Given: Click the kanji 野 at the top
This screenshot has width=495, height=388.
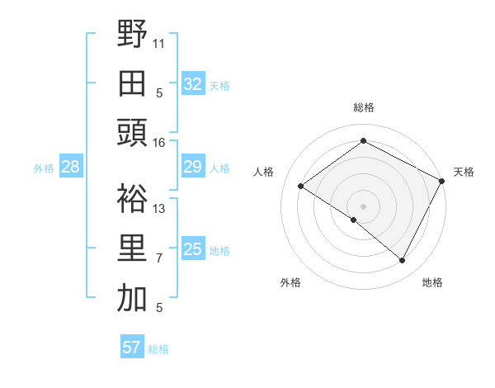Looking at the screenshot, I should [132, 35].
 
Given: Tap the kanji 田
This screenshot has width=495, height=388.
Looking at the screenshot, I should [132, 83].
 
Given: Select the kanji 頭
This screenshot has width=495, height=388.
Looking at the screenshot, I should [132, 133].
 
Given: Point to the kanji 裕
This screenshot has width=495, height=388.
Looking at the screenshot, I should [132, 199].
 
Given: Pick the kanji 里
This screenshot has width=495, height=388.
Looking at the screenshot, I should [132, 248].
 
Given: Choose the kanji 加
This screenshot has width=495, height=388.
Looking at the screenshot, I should [132, 298].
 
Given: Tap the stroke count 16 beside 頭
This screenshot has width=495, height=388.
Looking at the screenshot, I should [159, 143].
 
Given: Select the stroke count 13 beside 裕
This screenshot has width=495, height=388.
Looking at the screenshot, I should [159, 209].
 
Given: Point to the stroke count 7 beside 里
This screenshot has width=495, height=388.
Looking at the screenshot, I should [159, 258].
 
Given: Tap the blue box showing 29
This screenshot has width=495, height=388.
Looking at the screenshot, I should [192, 168].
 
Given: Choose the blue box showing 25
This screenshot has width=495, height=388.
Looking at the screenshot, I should [192, 249].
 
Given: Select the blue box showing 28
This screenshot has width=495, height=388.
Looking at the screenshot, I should [71, 168].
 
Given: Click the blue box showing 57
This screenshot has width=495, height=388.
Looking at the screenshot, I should [131, 348].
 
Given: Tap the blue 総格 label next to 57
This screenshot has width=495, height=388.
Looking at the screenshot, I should [158, 349].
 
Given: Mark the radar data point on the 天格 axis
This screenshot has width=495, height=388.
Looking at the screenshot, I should [441, 182].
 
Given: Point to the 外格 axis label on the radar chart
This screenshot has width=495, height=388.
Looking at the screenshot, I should [290, 283].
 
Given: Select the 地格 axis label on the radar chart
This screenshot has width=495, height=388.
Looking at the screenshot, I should [432, 283].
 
